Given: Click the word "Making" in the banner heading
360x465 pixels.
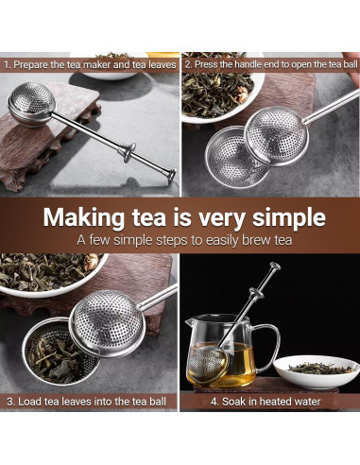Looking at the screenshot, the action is click(x=84, y=218).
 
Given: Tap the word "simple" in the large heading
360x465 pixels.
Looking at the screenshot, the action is click(x=288, y=218).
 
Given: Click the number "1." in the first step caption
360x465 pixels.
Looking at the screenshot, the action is click(x=8, y=65).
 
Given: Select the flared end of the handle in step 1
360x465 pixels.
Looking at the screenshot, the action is click(x=172, y=175).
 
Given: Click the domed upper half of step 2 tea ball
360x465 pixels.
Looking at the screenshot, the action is click(x=277, y=135).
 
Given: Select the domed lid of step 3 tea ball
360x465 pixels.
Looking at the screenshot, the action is click(x=108, y=323).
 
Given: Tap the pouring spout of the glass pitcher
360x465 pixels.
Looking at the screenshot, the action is click(x=189, y=322).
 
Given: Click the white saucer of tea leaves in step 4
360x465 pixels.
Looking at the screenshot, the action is click(x=317, y=370).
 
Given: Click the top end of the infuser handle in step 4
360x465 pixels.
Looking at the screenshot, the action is click(x=275, y=267).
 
